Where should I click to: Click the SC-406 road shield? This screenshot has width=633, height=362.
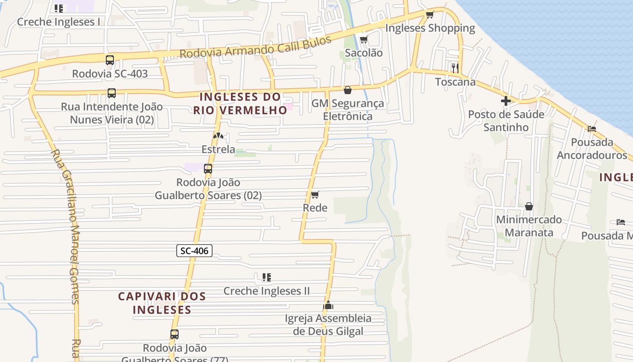pyautogui.click(x=194, y=251)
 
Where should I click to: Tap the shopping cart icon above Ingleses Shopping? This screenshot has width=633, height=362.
pyautogui.click(x=430, y=15)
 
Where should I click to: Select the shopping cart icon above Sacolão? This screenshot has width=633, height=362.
pyautogui.click(x=364, y=40)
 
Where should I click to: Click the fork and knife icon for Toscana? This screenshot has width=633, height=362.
pyautogui.click(x=455, y=68)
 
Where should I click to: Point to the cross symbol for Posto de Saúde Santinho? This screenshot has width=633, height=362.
pyautogui.click(x=505, y=101)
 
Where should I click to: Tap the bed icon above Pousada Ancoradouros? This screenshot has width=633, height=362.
pyautogui.click(x=592, y=129)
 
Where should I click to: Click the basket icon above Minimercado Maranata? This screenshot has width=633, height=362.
pyautogui.click(x=529, y=206)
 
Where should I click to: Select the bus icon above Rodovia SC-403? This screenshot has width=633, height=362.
pyautogui.click(x=109, y=60)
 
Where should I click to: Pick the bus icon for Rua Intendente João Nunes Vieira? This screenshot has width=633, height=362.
pyautogui.click(x=111, y=93)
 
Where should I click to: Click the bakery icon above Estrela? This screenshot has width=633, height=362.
pyautogui.click(x=218, y=136)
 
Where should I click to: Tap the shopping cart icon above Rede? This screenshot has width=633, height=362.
pyautogui.click(x=315, y=195)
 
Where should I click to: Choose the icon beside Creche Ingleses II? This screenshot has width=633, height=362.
pyautogui.click(x=267, y=277)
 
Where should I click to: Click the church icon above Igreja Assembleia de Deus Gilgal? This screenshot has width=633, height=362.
pyautogui.click(x=328, y=305)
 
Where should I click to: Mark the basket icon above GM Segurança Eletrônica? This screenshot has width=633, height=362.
pyautogui.click(x=347, y=90)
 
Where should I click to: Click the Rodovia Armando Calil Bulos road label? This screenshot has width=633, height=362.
pyautogui.click(x=255, y=47)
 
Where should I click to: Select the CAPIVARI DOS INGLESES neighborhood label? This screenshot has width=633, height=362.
pyautogui.click(x=162, y=303)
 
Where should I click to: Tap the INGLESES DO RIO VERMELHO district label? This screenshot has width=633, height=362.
pyautogui.click(x=240, y=103)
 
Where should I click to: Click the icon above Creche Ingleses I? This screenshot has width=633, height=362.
pyautogui.click(x=59, y=8)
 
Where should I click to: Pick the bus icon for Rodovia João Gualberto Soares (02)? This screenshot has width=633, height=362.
pyautogui.click(x=208, y=169)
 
